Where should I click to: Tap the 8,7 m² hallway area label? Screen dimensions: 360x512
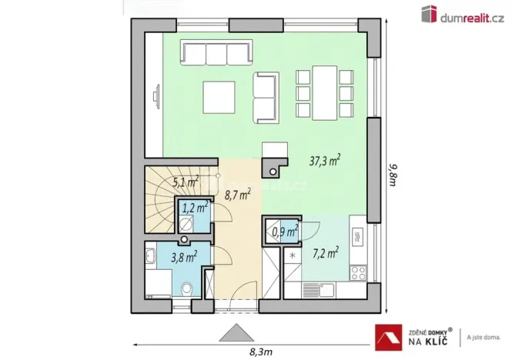click(x=237, y=195)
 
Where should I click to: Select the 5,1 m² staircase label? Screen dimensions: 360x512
click(x=186, y=182)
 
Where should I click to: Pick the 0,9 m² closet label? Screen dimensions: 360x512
click(x=286, y=229)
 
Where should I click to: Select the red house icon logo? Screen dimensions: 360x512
click(x=388, y=336)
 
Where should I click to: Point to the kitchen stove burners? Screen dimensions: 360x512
click(x=357, y=272)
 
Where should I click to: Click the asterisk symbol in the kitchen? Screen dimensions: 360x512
click(x=293, y=255)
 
